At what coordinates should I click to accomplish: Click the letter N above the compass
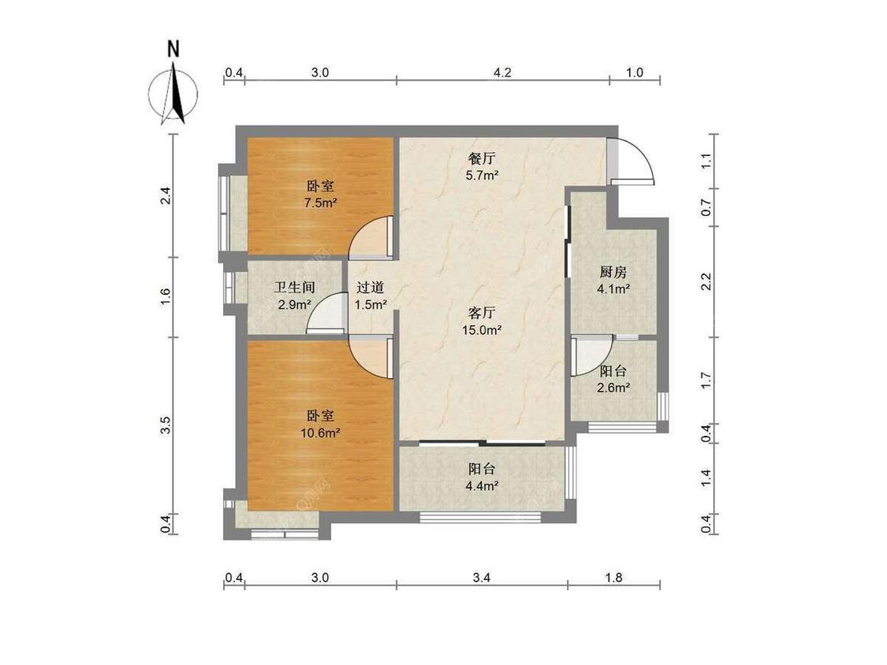click(x=173, y=49)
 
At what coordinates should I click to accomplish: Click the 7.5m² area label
click(x=321, y=203)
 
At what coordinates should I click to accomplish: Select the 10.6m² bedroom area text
click(x=320, y=433)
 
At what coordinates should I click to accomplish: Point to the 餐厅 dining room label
click(x=481, y=158)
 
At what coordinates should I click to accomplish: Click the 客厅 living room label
click(x=482, y=313)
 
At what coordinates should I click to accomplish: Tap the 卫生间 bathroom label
click(x=294, y=288)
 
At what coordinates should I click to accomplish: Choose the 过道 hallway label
click(x=371, y=288)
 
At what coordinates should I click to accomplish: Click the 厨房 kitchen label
click(x=613, y=272)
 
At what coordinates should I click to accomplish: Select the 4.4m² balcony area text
click(x=482, y=485)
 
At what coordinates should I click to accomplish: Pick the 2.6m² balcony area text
click(x=613, y=388)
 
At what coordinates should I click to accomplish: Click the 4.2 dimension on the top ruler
click(x=502, y=72)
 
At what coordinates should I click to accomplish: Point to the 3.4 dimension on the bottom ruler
click(x=482, y=578)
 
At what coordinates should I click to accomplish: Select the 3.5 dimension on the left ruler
click(x=166, y=425)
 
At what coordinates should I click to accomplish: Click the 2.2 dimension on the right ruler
click(x=706, y=281)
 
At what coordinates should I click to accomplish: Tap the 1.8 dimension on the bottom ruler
click(x=613, y=578)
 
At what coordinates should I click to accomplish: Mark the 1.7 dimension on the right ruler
click(x=706, y=380)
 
